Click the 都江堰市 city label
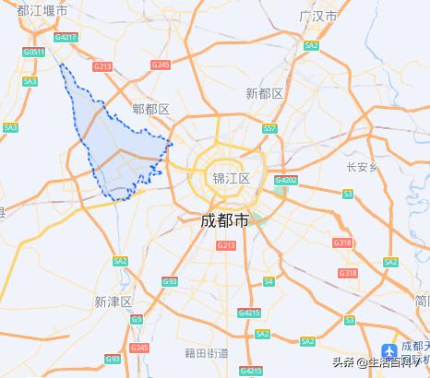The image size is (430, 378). click(36, 10)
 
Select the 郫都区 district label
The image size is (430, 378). click(151, 110)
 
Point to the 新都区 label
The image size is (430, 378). click(265, 93)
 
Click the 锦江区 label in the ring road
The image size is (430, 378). click(231, 178)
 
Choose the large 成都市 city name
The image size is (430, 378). click(225, 221)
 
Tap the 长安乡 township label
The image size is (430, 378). click(363, 167)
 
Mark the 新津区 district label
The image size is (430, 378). click(113, 301)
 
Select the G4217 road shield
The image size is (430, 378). click(66, 37)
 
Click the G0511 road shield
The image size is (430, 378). click(34, 53)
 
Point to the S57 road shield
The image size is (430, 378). click(269, 129)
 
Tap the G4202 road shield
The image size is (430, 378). click(287, 181)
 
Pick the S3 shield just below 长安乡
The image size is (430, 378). click(347, 194)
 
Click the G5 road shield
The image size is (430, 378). click(137, 319)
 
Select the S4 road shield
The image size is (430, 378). click(269, 280)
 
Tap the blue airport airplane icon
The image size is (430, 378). click(390, 351)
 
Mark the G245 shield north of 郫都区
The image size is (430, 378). click(161, 65)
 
